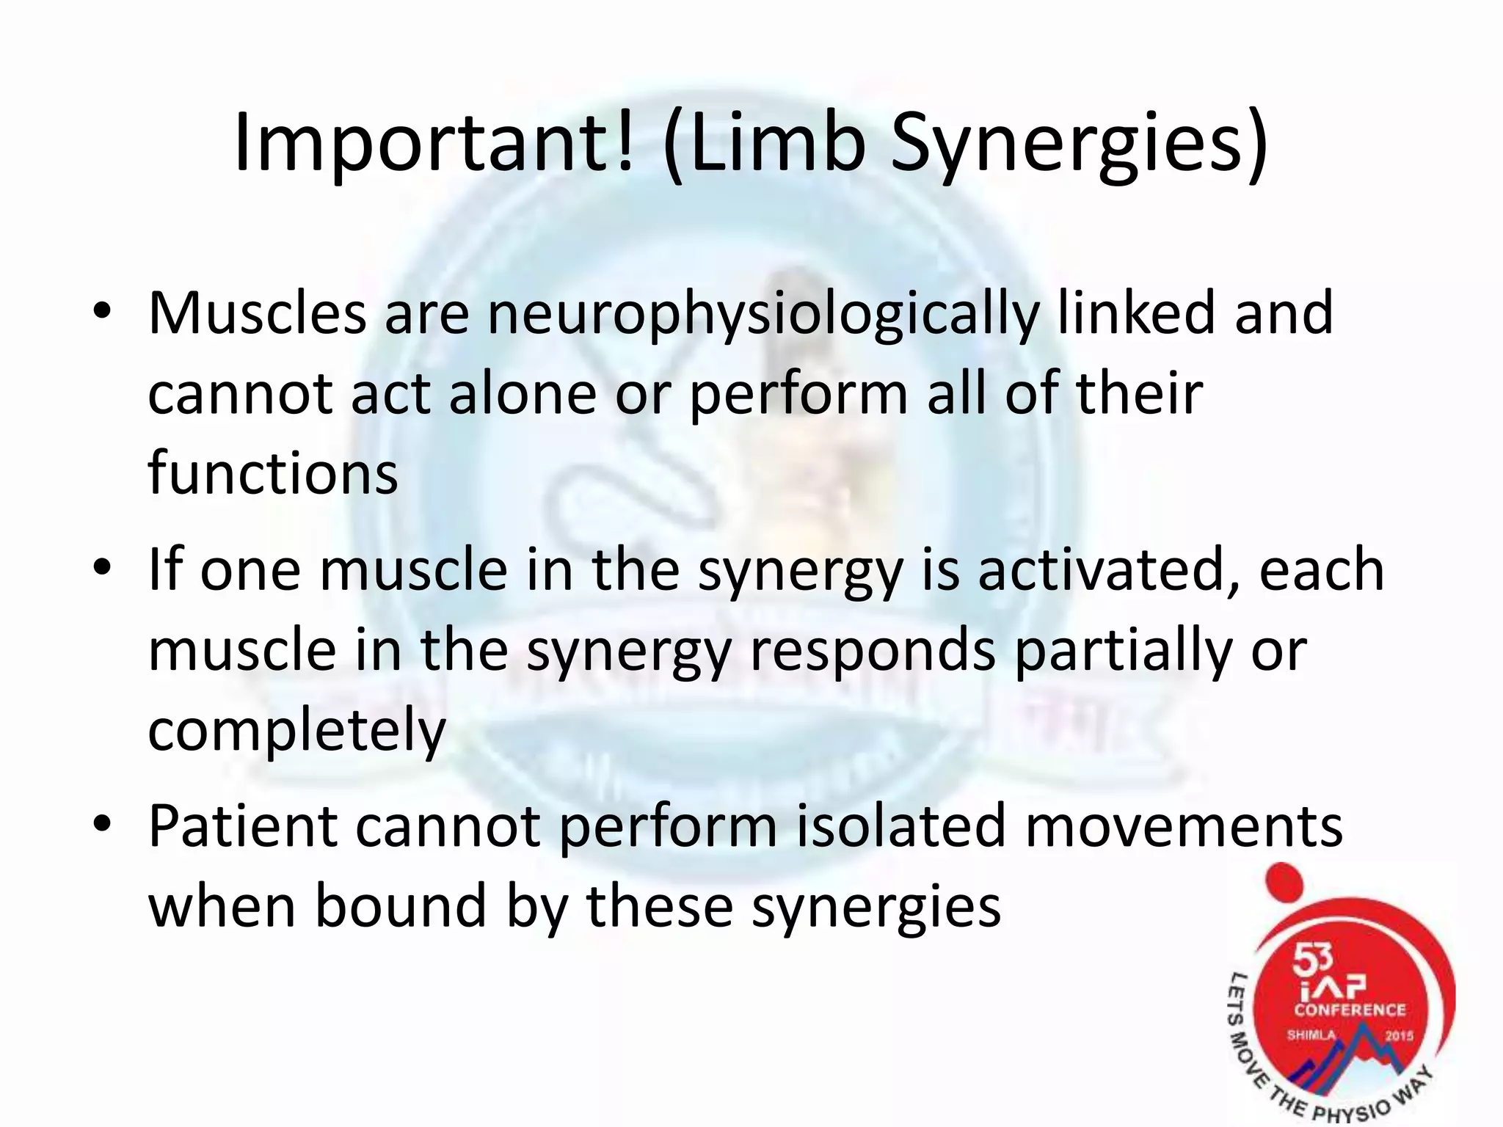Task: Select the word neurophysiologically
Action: pos(763,314)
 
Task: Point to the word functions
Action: pos(272,473)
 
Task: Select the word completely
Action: pos(297,730)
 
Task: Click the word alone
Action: pos(522,394)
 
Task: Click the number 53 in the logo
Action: pos(1311,958)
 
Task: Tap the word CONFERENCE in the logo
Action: pos(1349,1010)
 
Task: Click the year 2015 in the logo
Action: pos(1398,1036)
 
